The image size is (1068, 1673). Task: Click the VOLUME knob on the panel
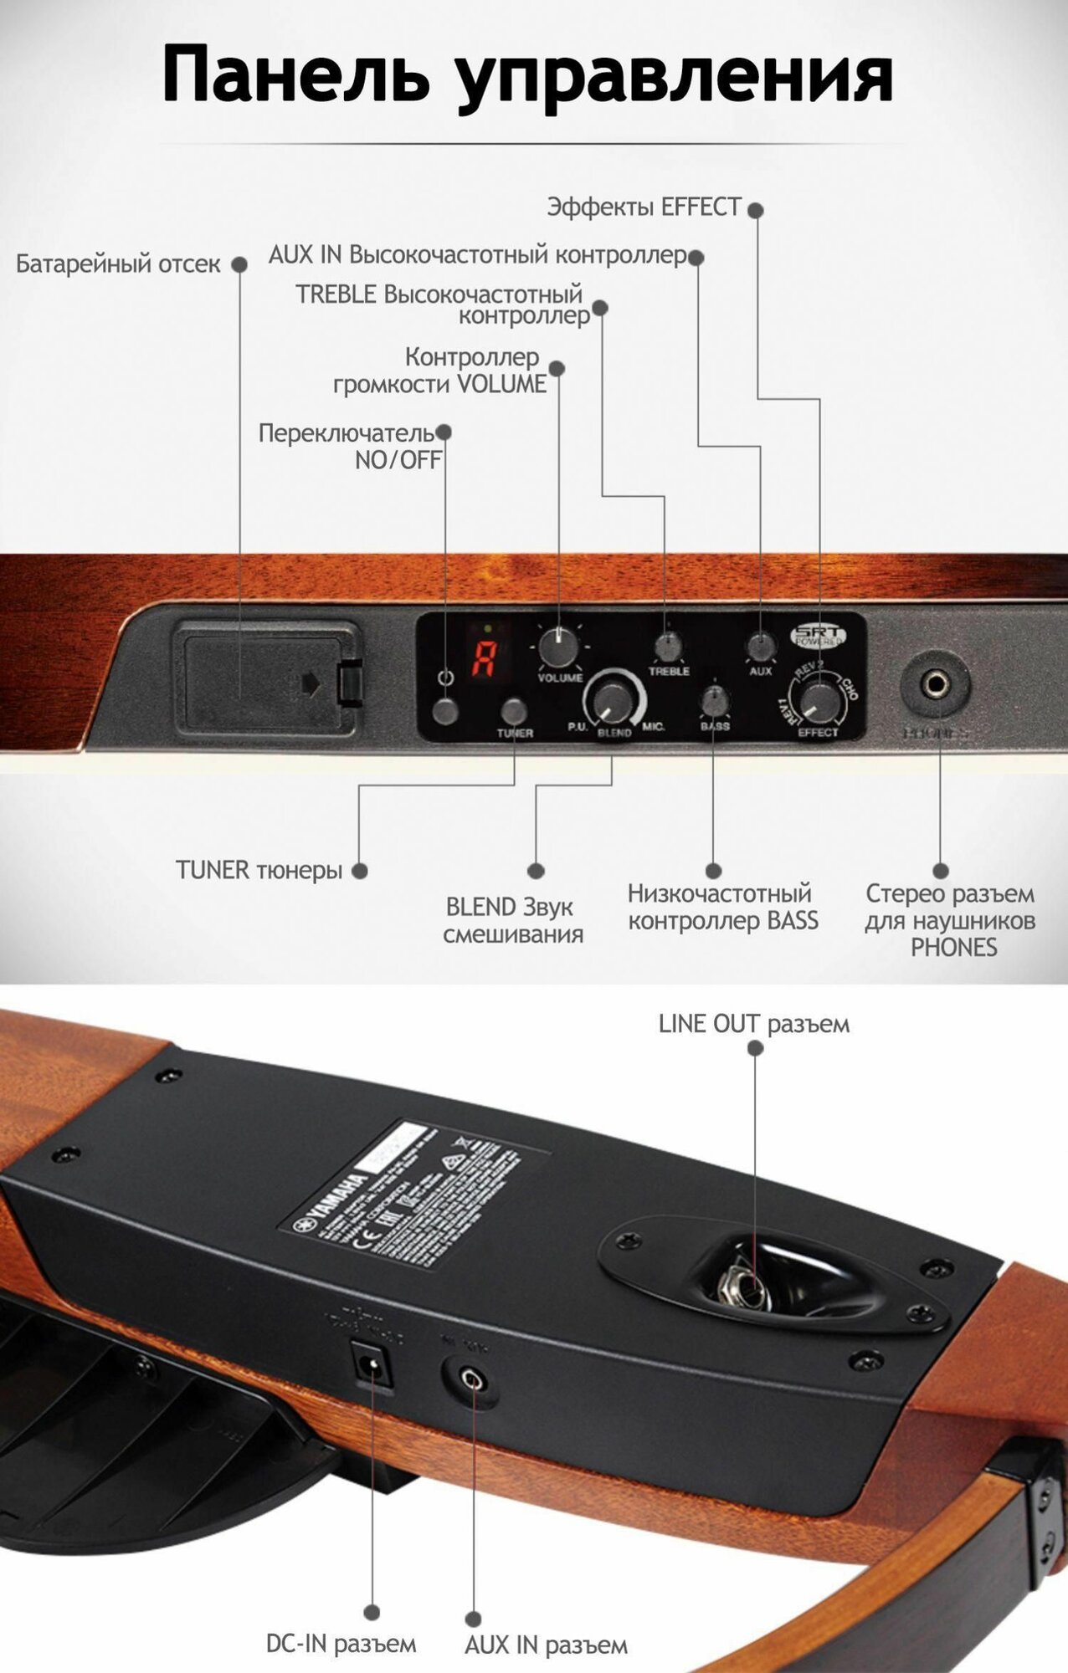(x=558, y=647)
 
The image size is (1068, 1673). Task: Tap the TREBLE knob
(x=668, y=646)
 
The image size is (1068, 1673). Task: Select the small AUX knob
(x=760, y=647)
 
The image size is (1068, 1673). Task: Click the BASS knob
(x=714, y=700)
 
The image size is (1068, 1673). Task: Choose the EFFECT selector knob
(x=819, y=701)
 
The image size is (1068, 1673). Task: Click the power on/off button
(x=446, y=712)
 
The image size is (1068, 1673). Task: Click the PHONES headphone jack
(x=936, y=686)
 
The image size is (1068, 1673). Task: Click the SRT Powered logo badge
(x=819, y=635)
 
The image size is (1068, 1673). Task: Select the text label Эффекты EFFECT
(x=644, y=207)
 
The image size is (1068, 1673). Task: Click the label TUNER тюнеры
(x=259, y=870)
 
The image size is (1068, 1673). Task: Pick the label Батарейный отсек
(x=118, y=264)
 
